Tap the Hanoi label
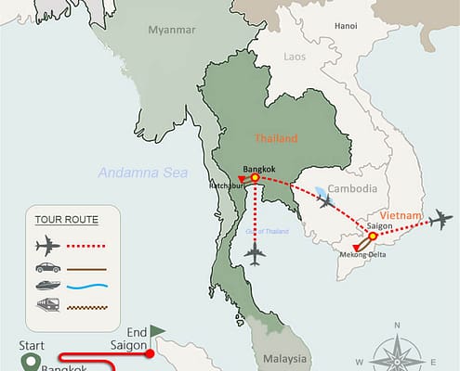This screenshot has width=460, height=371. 346,25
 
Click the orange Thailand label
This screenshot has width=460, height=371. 276,138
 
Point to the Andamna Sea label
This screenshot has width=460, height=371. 143,173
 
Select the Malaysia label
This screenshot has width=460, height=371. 283,357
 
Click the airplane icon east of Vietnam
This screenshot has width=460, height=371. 440,221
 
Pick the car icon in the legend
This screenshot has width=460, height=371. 46,266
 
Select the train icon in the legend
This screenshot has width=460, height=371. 46,304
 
